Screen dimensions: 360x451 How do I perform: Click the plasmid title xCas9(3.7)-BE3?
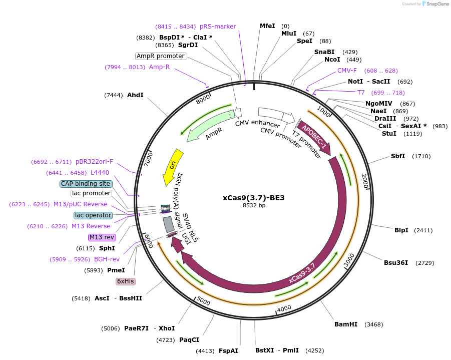coord(253,198)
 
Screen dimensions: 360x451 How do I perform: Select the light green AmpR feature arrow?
coord(205,126)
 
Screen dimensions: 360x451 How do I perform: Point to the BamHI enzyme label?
coord(346,324)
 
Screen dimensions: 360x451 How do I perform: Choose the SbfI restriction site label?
coord(398,157)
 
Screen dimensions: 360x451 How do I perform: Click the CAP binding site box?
coord(85,184)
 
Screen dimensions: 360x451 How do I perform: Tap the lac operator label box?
coord(93,215)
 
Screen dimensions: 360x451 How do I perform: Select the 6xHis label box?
coord(125,281)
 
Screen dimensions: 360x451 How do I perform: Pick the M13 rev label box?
coord(102,237)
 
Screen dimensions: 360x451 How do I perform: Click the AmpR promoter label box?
coord(161,56)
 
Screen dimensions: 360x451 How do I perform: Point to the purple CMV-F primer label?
coord(347,71)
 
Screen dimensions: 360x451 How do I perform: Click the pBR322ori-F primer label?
coord(94,162)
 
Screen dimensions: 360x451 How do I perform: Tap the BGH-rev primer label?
coord(107,259)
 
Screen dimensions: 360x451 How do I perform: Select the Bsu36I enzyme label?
coord(396,263)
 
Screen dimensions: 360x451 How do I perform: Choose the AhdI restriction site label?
coord(135,95)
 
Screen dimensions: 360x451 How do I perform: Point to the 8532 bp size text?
coord(253,205)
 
